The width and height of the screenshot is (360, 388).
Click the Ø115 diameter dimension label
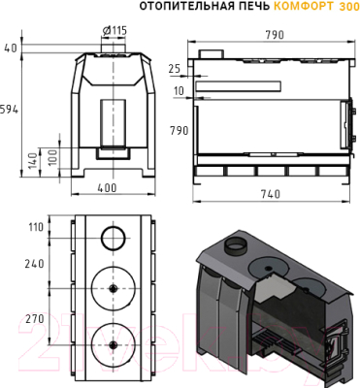115,30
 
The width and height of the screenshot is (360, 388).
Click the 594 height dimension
9,110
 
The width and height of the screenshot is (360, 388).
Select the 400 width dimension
107,187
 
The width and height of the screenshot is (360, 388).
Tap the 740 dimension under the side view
271,194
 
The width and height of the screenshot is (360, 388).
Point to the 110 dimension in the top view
36,227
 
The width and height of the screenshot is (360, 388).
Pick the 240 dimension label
34,264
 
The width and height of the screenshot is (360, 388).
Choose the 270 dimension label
34,318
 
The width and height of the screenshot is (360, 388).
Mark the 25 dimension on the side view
175,69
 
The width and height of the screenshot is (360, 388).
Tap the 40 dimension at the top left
11,48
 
